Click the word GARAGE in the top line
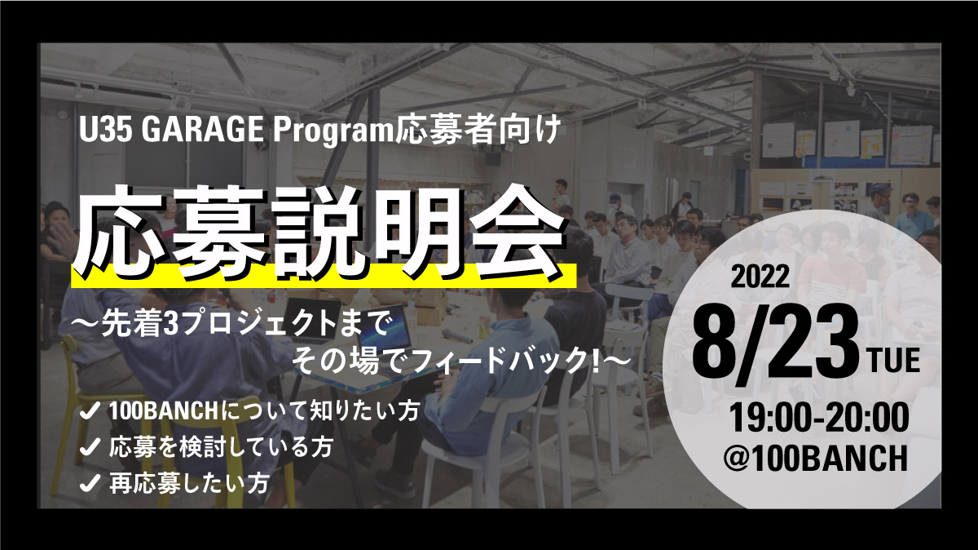tap(203, 131)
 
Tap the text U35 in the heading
tap(106, 131)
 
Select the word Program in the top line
tap(334, 132)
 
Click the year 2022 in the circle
tap(760, 277)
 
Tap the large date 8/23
tap(778, 345)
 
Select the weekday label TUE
tap(895, 360)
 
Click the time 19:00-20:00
tap(817, 418)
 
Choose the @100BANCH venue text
tap(815, 457)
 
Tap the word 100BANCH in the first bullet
tap(163, 411)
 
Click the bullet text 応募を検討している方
tap(222, 447)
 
